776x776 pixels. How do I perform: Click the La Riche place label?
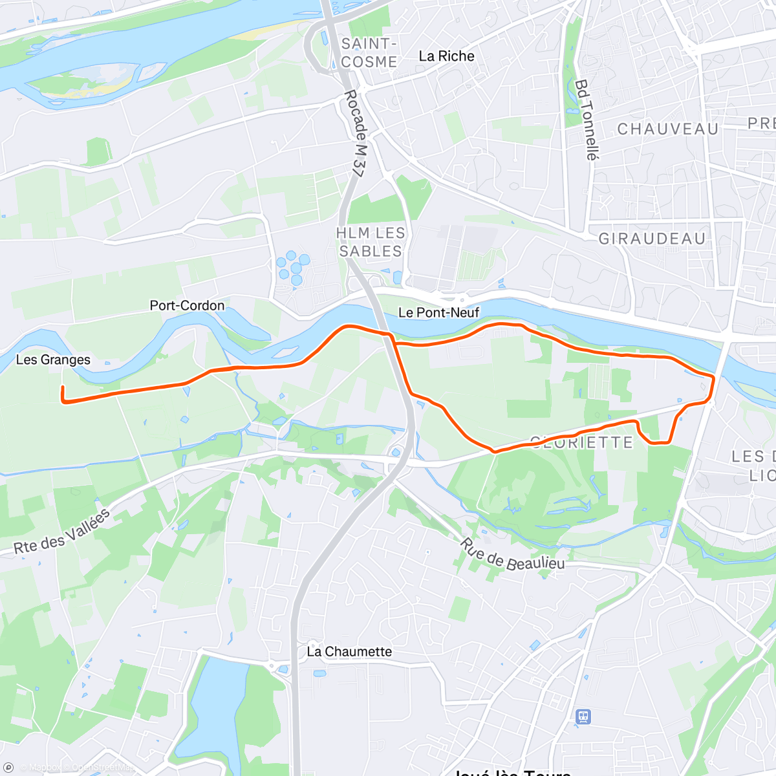pyautogui.click(x=446, y=56)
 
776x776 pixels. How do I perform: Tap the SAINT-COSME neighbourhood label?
pyautogui.click(x=369, y=53)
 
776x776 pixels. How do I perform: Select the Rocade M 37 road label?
pyautogui.click(x=354, y=133)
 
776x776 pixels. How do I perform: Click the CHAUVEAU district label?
pyautogui.click(x=667, y=129)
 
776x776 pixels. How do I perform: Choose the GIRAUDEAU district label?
pyautogui.click(x=652, y=239)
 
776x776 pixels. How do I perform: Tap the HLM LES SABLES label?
pyautogui.click(x=371, y=242)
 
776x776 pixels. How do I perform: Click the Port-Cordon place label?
pyautogui.click(x=187, y=305)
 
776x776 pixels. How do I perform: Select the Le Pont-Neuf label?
pyautogui.click(x=438, y=313)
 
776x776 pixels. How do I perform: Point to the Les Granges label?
pyautogui.click(x=53, y=360)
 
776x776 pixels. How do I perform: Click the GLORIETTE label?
pyautogui.click(x=581, y=443)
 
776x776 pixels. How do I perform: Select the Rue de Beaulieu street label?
pyautogui.click(x=512, y=555)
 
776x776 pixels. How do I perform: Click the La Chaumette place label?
pyautogui.click(x=349, y=651)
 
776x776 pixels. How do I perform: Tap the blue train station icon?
pyautogui.click(x=583, y=717)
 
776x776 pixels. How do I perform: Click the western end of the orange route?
pyautogui.click(x=62, y=387)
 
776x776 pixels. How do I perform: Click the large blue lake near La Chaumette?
pyautogui.click(x=217, y=711)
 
